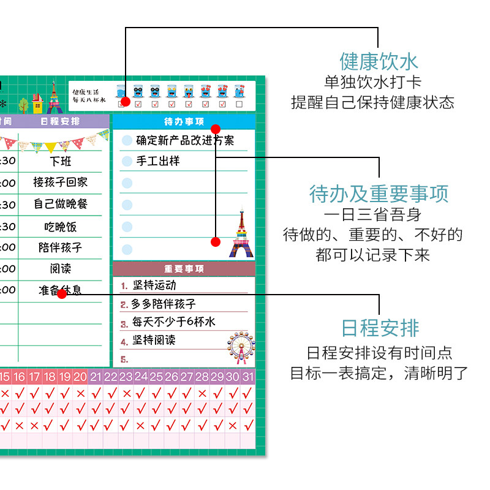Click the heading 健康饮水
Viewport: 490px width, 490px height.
tap(379, 61)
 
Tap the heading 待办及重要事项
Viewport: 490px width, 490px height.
tap(379, 194)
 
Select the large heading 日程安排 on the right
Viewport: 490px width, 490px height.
tap(380, 328)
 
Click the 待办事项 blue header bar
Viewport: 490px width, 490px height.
tap(184, 121)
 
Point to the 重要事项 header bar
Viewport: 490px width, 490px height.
tap(184, 269)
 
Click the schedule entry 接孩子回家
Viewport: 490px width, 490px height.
tap(60, 182)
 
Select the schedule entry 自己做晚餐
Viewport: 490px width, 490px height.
tap(60, 203)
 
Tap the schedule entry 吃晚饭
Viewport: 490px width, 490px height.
tap(60, 226)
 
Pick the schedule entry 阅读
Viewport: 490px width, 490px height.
tap(60, 268)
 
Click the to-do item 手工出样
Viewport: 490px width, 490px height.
tap(158, 161)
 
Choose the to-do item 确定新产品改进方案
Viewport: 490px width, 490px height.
tap(185, 140)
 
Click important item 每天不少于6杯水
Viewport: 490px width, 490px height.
tap(174, 322)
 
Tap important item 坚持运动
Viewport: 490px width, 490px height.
tap(154, 285)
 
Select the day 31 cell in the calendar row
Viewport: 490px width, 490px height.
tap(247, 377)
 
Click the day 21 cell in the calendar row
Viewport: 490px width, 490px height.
tap(96, 377)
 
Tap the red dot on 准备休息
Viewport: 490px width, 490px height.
tap(61, 294)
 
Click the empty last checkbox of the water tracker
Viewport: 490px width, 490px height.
tap(239, 104)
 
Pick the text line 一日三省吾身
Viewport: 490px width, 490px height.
tap(372, 215)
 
